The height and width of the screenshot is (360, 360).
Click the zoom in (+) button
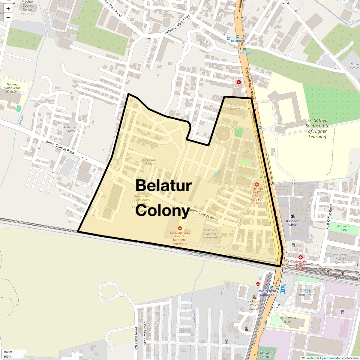pyautogui.click(x=8, y=9)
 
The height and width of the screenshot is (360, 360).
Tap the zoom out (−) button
pyautogui.click(x=8, y=18)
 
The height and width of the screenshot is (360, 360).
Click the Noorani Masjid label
pyautogui.click(x=149, y=162)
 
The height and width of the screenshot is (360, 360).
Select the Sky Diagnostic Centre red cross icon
pyautogui.click(x=180, y=229)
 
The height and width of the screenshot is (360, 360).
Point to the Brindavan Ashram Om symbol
pyautogui.click(x=292, y=216)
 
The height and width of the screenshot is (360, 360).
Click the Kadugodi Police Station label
pyautogui.click(x=254, y=305)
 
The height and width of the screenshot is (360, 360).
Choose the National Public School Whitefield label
pyautogui.click(x=13, y=88)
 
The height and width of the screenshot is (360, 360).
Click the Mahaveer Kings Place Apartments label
pyautogui.click(x=210, y=234)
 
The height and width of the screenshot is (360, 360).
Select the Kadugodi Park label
pyautogui.click(x=343, y=228)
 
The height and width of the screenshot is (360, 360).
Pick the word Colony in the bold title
pyautogui.click(x=162, y=210)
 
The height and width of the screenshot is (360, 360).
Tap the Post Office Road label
pyautogui.click(x=329, y=217)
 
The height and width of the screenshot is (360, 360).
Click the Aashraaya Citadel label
pyautogui.click(x=70, y=129)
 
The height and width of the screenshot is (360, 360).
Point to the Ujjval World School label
pyautogui.click(x=288, y=320)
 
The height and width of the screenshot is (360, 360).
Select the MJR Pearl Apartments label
pyautogui.click(x=307, y=292)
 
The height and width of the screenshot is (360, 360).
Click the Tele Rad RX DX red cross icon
pyautogui.click(x=257, y=184)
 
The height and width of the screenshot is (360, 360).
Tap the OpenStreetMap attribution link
pyautogui.click(x=330, y=358)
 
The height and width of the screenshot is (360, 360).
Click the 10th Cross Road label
pyautogui.click(x=136, y=339)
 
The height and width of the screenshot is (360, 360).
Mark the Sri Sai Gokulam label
pyautogui.click(x=235, y=107)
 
